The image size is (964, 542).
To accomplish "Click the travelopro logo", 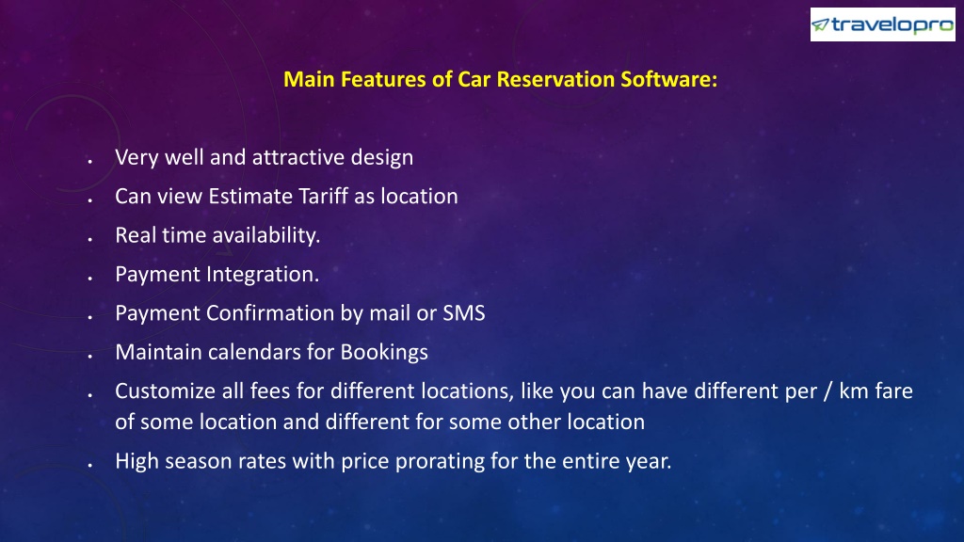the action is point(883,24).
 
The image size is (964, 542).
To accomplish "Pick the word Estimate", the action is point(250,196).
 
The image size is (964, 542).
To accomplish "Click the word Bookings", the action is point(384,353).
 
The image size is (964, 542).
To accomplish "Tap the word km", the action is point(853,391).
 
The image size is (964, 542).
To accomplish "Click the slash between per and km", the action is point(827,391).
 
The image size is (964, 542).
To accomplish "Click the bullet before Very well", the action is point(89,161).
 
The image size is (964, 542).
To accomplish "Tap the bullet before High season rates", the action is point(89,465).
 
